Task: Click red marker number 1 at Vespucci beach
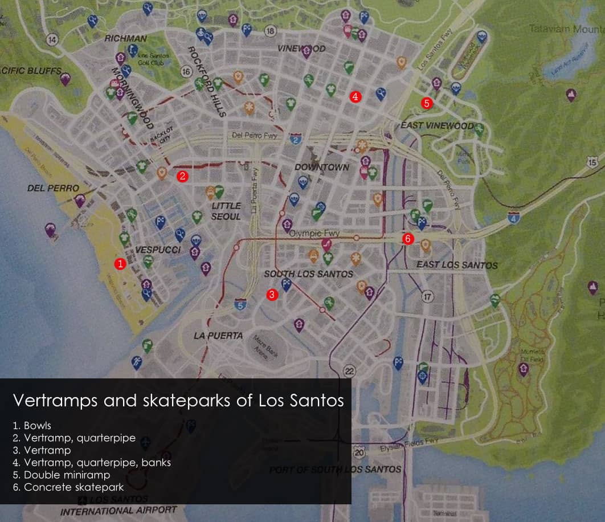(120, 264)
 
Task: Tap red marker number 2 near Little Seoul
(182, 176)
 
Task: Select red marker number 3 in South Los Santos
(272, 295)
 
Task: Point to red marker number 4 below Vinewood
(355, 97)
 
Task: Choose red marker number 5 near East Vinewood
(426, 103)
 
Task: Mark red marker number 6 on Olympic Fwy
(407, 239)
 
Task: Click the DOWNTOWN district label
(322, 168)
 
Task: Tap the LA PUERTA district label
(218, 336)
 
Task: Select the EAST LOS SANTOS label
(457, 265)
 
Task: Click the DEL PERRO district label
(53, 187)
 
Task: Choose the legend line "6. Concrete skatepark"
(68, 487)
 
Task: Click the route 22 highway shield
(349, 372)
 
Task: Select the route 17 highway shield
(428, 297)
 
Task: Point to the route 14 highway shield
(53, 40)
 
